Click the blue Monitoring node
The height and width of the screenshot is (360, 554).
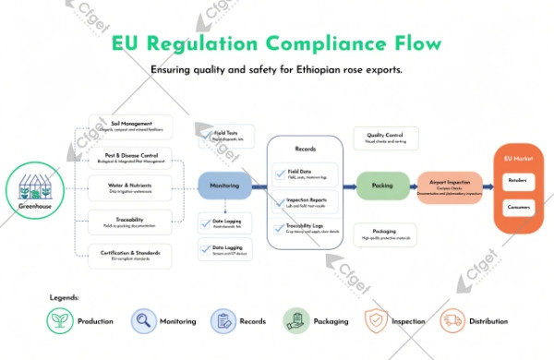tap(225, 186)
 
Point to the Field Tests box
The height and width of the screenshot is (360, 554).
tap(225, 136)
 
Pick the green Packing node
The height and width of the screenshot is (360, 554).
tap(382, 186)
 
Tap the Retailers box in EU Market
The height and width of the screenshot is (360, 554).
tap(517, 181)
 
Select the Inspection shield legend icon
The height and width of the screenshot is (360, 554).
tap(376, 321)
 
